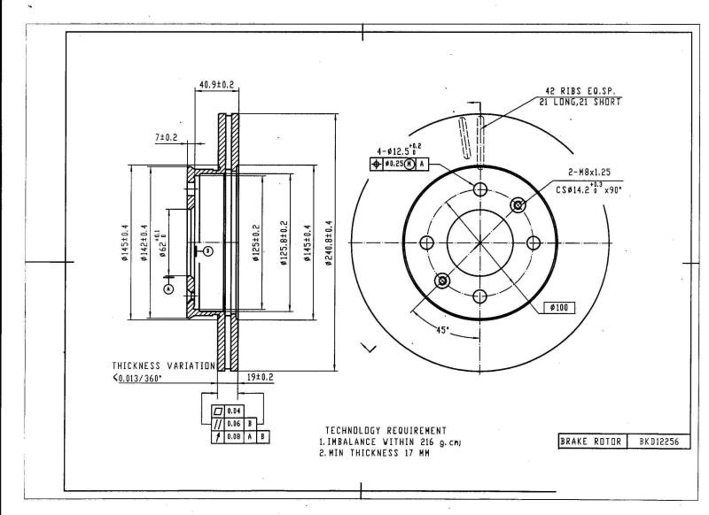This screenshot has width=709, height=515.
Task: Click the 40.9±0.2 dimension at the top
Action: [x=216, y=85]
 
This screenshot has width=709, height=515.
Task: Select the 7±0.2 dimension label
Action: [x=167, y=137]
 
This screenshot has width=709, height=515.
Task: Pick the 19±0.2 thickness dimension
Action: [x=260, y=376]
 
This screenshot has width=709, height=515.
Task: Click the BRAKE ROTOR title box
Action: [x=588, y=441]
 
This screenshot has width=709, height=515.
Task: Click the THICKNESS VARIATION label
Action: [x=163, y=365]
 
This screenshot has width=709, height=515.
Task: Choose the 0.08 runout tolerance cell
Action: [x=234, y=437]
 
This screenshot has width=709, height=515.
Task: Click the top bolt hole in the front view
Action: [x=479, y=189]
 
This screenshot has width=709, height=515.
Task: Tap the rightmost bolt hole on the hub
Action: [x=533, y=242]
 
